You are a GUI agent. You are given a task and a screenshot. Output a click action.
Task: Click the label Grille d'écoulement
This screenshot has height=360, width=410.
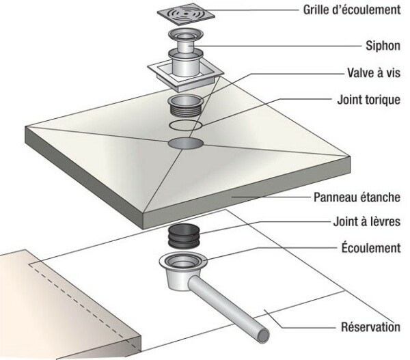(351, 10)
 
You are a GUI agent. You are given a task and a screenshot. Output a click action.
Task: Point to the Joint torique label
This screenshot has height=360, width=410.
(369, 99)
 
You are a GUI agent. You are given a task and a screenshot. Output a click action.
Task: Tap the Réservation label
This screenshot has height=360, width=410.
(370, 327)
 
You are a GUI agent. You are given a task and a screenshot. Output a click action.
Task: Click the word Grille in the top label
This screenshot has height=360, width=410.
(317, 10)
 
